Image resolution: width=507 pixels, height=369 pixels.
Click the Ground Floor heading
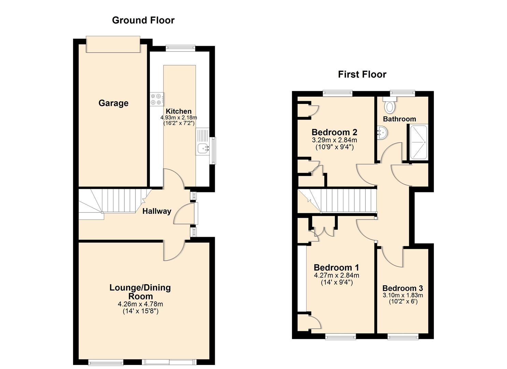pos(143,20)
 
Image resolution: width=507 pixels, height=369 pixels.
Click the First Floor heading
pos(362,74)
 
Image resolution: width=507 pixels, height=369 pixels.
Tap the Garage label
pos(113,103)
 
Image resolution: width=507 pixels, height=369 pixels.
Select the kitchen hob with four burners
pos(156,99)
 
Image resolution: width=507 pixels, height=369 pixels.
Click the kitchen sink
pos(202,148)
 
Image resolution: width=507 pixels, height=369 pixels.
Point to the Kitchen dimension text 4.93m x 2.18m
pos(179,118)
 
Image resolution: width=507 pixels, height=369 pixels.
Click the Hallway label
pos(157,211)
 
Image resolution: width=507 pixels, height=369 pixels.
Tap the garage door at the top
pos(113,44)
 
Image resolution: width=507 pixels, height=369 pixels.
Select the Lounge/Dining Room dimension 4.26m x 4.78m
pos(140,304)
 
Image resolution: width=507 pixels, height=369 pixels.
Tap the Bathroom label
pos(399,119)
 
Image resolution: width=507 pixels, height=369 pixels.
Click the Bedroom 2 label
pos(334,132)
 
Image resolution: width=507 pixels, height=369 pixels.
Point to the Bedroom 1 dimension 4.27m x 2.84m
pos(336,275)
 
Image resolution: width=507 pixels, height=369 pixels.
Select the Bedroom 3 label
pos(403,288)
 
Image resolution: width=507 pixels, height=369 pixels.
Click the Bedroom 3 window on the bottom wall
pos(403,337)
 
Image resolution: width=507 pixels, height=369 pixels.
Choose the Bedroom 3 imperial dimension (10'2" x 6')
pos(403,302)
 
